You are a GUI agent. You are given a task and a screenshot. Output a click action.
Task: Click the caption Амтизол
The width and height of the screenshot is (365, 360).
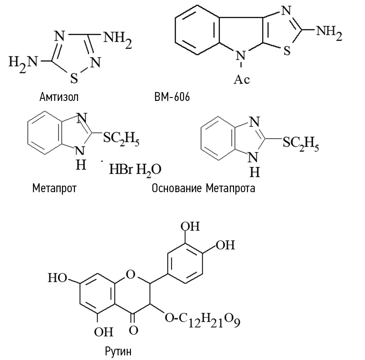tap(59, 97)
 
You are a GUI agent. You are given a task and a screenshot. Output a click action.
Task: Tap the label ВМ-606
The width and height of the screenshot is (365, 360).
tap(172, 97)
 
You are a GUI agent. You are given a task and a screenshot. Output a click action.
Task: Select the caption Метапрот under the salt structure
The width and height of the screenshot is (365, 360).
tap(54, 188)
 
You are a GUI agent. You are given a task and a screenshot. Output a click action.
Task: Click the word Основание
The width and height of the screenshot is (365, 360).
tap(177, 188)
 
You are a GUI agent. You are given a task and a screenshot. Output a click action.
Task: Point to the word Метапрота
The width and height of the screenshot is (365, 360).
tap(231, 188)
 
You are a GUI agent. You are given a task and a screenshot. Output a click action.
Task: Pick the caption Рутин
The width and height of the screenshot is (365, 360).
tap(118, 351)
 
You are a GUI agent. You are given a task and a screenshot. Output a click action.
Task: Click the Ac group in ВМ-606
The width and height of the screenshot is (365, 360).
tap(242, 79)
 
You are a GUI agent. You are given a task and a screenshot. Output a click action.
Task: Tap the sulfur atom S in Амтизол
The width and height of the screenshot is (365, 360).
tap(74, 78)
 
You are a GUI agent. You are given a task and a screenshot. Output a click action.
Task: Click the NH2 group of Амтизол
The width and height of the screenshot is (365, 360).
tap(117, 39)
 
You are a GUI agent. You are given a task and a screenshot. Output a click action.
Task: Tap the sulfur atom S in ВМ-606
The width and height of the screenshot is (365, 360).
tap(287, 50)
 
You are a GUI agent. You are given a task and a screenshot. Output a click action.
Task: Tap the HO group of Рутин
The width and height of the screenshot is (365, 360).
tap(58, 278)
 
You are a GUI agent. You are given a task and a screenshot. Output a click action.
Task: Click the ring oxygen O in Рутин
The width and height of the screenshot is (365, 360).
tap(131, 275)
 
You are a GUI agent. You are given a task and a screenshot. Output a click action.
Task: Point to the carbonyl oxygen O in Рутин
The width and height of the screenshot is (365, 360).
tap(133, 330)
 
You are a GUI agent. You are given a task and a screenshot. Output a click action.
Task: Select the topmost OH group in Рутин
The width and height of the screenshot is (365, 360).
tap(190, 226)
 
